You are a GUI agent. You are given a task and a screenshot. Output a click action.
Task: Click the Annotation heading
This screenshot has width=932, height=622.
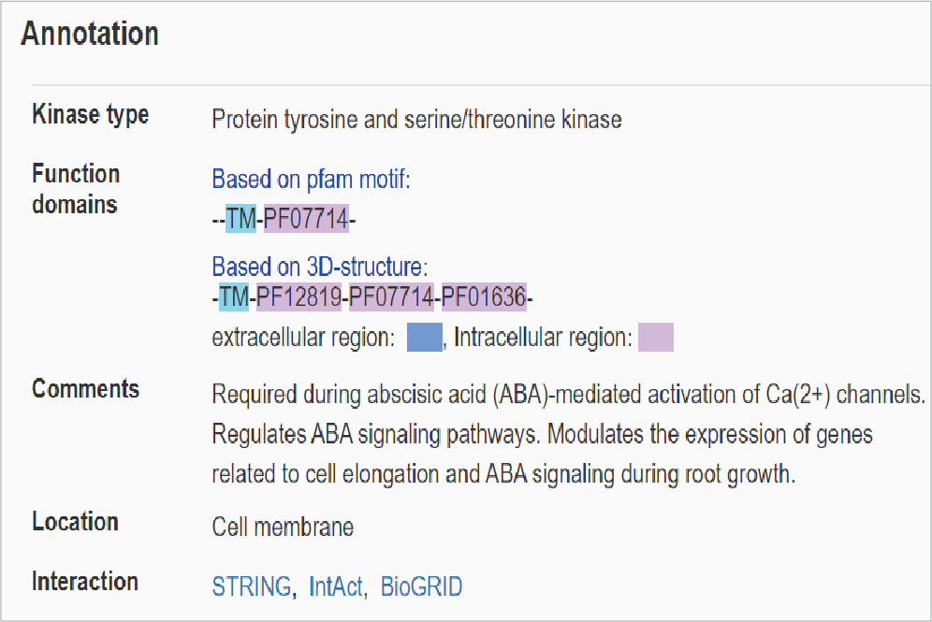pyautogui.click(x=90, y=34)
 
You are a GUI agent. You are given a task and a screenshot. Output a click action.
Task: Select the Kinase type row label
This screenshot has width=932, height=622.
pyautogui.click(x=91, y=115)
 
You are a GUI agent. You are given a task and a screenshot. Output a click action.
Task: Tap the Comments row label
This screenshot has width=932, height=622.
pyautogui.click(x=85, y=388)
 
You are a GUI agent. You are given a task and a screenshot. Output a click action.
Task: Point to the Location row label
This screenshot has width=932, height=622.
pyautogui.click(x=76, y=522)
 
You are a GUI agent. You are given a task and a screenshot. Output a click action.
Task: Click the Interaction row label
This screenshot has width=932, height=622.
pyautogui.click(x=85, y=581)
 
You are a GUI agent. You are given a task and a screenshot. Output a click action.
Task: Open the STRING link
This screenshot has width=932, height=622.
pyautogui.click(x=252, y=586)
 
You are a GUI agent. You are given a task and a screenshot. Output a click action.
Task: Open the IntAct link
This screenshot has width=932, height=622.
pyautogui.click(x=336, y=586)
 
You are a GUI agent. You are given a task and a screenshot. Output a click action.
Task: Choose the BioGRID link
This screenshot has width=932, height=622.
pyautogui.click(x=421, y=586)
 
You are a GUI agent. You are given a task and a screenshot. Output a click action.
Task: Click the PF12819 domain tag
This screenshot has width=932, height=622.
pyautogui.click(x=299, y=297)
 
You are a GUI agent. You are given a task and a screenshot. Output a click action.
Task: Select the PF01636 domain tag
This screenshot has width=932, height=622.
pyautogui.click(x=484, y=297)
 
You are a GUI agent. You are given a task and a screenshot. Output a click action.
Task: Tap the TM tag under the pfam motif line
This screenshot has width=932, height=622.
pyautogui.click(x=240, y=219)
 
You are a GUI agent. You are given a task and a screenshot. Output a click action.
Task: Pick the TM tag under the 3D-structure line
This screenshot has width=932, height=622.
pyautogui.click(x=234, y=297)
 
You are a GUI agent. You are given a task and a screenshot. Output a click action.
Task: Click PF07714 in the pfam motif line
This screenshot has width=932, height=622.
pyautogui.click(x=306, y=219)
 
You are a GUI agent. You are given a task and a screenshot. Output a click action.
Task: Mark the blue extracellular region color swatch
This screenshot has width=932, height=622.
pyautogui.click(x=425, y=337)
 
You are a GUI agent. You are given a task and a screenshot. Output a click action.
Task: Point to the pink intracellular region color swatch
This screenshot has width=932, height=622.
pyautogui.click(x=656, y=337)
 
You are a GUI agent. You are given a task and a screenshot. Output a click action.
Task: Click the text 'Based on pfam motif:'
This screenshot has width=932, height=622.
pyautogui.click(x=311, y=179)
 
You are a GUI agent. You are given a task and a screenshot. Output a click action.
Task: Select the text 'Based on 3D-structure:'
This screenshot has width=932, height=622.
pyautogui.click(x=320, y=267)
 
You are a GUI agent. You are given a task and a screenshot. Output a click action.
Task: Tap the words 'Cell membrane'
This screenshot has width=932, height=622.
pyautogui.click(x=283, y=527)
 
